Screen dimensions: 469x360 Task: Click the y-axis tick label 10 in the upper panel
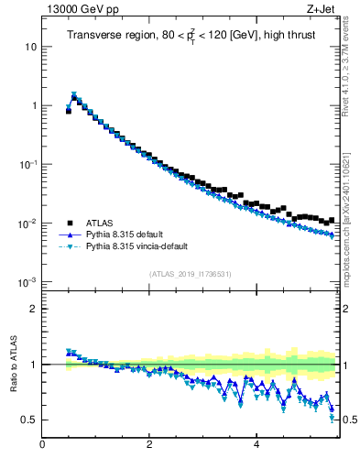pyautogui.click(x=31, y=47)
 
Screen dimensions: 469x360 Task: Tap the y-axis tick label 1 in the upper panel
pyautogui.click(x=34, y=106)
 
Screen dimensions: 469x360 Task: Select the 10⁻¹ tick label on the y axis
pyautogui.click(x=28, y=164)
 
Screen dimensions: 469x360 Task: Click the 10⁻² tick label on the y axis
pyautogui.click(x=28, y=224)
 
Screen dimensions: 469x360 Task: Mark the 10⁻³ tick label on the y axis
pyautogui.click(x=28, y=282)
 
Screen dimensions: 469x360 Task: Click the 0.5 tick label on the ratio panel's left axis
pyautogui.click(x=30, y=420)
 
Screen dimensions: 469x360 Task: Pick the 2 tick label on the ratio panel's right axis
pyautogui.click(x=346, y=309)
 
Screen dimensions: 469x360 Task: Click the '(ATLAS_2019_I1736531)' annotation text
pyautogui.click(x=191, y=274)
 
